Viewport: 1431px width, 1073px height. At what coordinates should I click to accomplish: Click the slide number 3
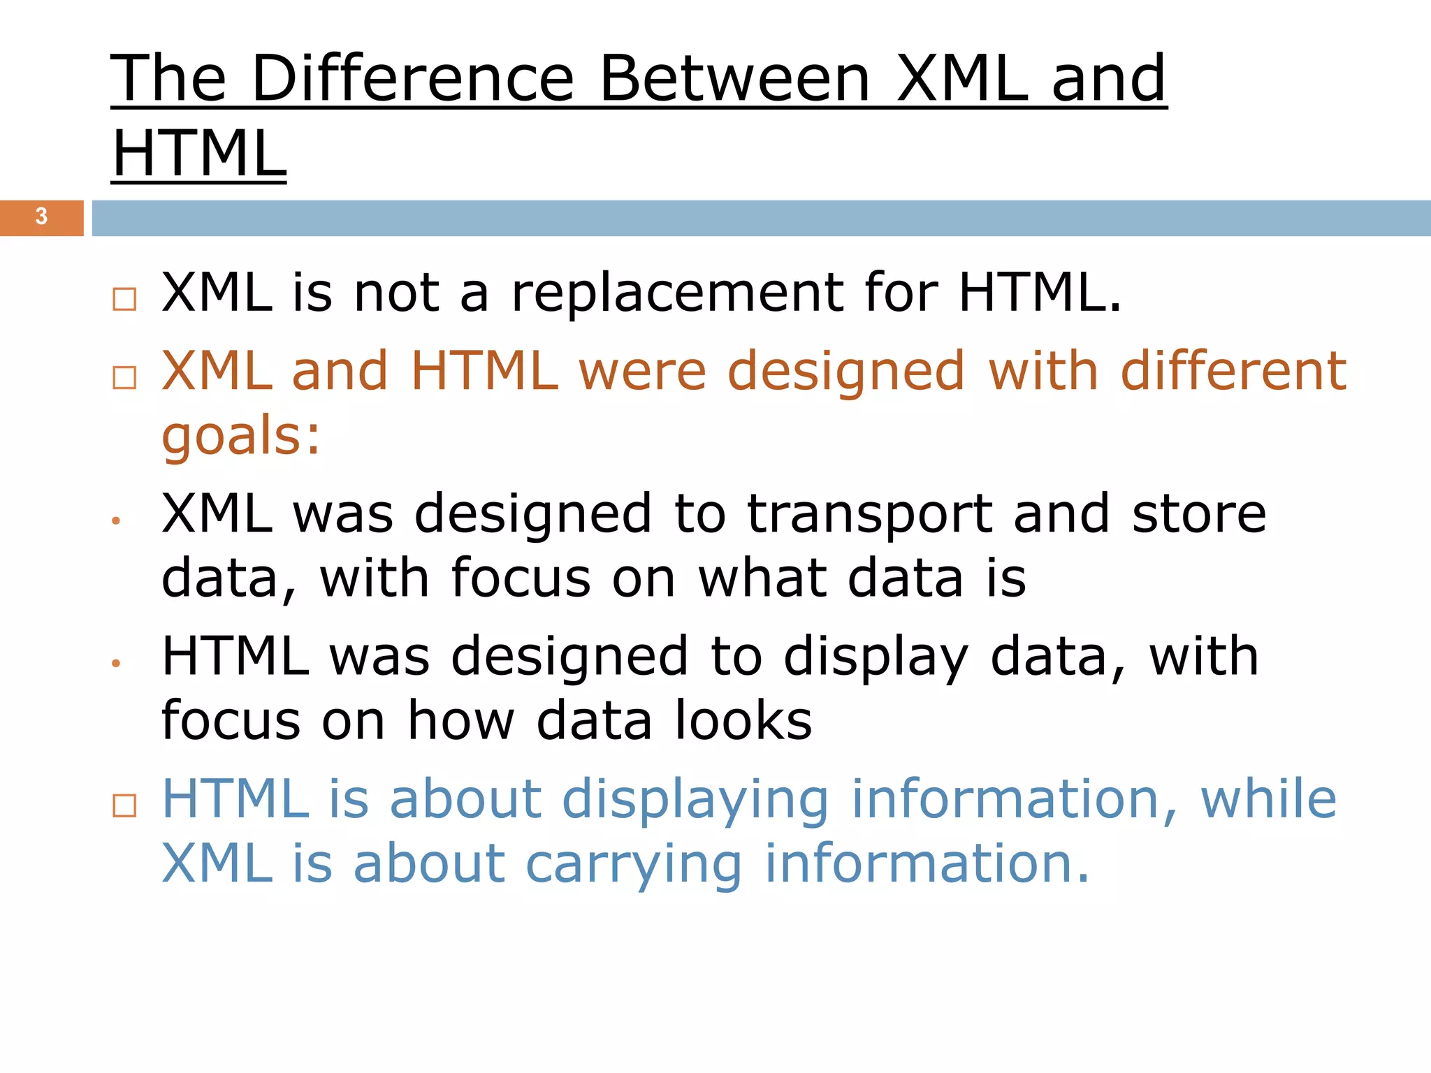tap(41, 217)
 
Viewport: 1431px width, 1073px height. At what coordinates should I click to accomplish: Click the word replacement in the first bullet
tap(677, 293)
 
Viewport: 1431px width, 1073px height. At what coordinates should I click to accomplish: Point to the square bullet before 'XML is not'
tap(124, 299)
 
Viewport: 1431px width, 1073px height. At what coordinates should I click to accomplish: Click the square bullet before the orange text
tap(124, 378)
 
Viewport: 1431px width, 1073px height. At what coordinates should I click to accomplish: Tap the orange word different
tap(1233, 371)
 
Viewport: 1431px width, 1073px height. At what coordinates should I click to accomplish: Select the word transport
tap(869, 514)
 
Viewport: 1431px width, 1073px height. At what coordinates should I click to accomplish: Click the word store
tap(1199, 514)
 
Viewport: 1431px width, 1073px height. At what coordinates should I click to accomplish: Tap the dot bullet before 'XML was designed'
tap(116, 521)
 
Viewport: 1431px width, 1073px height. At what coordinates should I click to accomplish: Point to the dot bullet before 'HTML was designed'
tap(116, 664)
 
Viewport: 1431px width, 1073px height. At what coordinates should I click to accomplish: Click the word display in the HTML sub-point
tap(876, 657)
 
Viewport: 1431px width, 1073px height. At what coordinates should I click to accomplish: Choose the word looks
tap(743, 721)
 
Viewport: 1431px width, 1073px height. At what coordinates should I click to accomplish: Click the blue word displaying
tap(695, 800)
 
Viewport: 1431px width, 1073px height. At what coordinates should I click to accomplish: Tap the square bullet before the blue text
tap(124, 805)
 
